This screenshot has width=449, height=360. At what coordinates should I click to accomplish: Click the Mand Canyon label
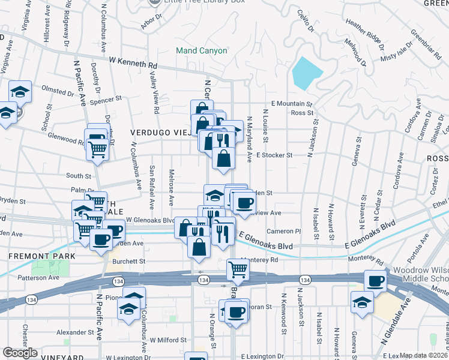click(x=201, y=50)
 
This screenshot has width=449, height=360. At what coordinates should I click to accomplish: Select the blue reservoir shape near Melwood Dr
click(x=306, y=73)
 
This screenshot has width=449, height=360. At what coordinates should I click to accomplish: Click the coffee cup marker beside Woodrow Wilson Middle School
click(x=376, y=280)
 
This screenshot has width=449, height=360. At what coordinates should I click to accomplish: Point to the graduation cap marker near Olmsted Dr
click(x=20, y=92)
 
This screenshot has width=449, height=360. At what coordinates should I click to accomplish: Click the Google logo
click(x=20, y=353)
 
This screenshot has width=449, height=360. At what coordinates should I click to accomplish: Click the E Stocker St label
click(x=274, y=155)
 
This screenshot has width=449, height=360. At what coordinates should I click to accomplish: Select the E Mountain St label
click(x=292, y=103)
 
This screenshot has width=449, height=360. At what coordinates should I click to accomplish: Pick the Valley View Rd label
click(x=154, y=95)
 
